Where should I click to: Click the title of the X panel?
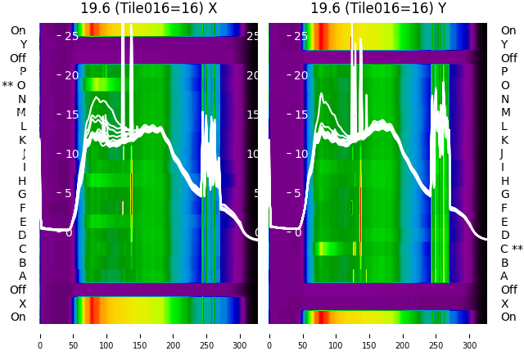[148, 8]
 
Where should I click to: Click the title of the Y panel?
[378, 8]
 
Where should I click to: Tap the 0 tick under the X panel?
[40, 335]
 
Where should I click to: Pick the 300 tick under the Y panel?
[470, 335]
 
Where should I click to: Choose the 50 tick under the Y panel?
[303, 335]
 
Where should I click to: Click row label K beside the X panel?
[22, 140]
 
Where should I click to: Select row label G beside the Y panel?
[505, 194]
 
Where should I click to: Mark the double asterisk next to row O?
[7, 85]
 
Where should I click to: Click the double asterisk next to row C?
[517, 249]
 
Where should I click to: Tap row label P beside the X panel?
[22, 71]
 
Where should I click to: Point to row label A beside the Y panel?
[505, 276]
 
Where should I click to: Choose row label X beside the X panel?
[22, 304]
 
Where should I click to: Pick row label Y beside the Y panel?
[505, 44]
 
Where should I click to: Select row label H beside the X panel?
[22, 181]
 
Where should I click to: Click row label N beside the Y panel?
[505, 99]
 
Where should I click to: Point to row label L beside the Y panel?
[505, 126]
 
